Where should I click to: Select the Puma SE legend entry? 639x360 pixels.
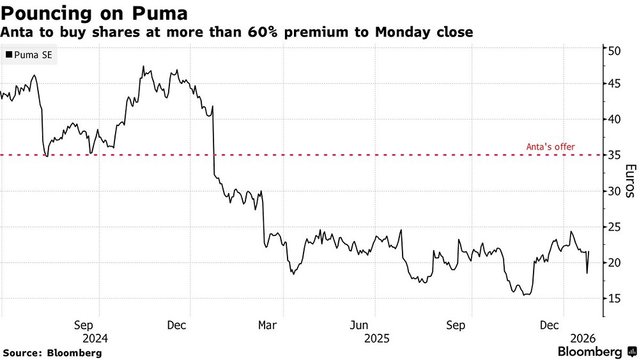coord(30,56)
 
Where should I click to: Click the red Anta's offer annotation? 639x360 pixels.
coord(550,147)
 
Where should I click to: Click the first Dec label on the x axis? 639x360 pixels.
coord(176,325)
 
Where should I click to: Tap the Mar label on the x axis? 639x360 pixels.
coord(267,325)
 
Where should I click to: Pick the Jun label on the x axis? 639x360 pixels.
coord(360,325)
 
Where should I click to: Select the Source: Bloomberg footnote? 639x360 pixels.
coord(52,352)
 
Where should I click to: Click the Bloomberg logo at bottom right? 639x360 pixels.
coord(597,352)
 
